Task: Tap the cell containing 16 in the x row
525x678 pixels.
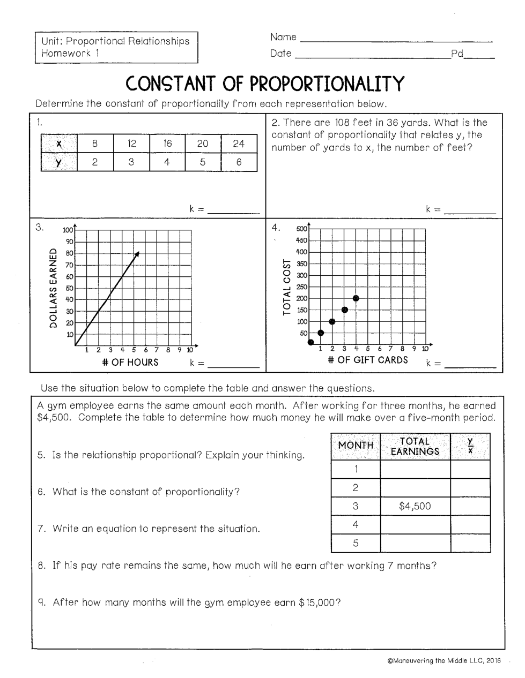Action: [167, 144]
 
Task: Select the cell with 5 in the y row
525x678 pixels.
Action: [203, 162]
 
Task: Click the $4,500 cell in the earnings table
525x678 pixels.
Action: [415, 506]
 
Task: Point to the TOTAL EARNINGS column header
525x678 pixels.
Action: [415, 446]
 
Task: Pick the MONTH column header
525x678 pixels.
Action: [356, 446]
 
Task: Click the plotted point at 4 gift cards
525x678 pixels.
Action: [356, 298]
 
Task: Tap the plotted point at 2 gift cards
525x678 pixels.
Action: [332, 321]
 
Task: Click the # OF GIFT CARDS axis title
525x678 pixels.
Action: [368, 360]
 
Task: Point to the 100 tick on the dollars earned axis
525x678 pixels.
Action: [68, 230]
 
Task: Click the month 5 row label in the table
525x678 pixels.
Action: [356, 543]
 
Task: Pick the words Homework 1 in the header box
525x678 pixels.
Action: [69, 53]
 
